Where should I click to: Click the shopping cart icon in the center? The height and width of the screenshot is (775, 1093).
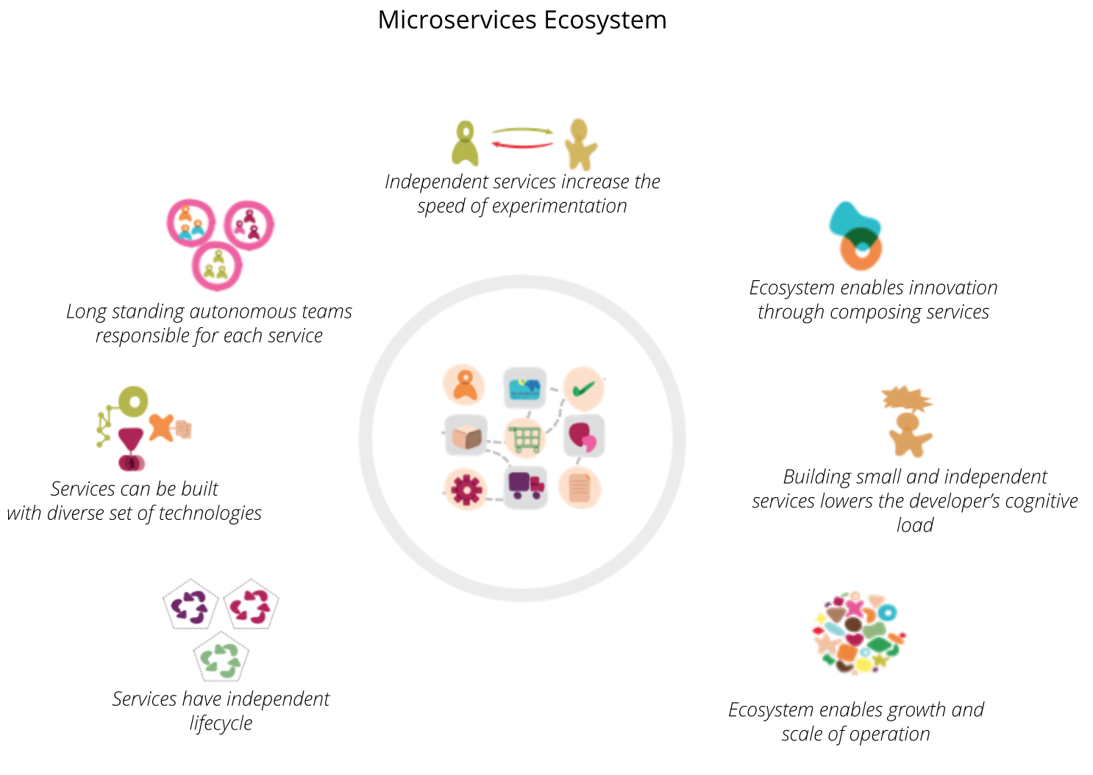click(x=525, y=438)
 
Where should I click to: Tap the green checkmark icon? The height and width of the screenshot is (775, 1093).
click(x=583, y=388)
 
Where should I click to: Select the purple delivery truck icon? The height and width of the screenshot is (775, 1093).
click(x=525, y=485)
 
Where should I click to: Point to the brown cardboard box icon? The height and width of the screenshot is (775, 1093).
click(x=466, y=437)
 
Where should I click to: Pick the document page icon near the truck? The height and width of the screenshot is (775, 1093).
click(x=580, y=488)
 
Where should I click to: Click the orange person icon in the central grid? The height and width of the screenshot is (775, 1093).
click(x=464, y=385)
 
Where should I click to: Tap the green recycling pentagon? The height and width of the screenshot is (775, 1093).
click(x=221, y=658)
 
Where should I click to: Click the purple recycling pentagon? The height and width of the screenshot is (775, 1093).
click(x=191, y=605)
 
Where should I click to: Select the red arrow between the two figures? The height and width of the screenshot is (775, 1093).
click(x=521, y=145)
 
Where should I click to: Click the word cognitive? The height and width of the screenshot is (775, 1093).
click(x=1036, y=501)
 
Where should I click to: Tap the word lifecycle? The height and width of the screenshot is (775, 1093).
click(x=221, y=724)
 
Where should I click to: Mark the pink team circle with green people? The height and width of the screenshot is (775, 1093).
click(x=217, y=265)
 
